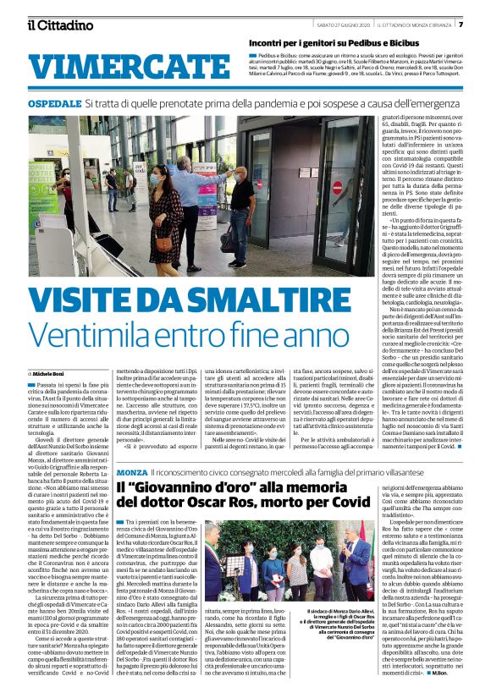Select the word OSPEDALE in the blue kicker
click(53, 102)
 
